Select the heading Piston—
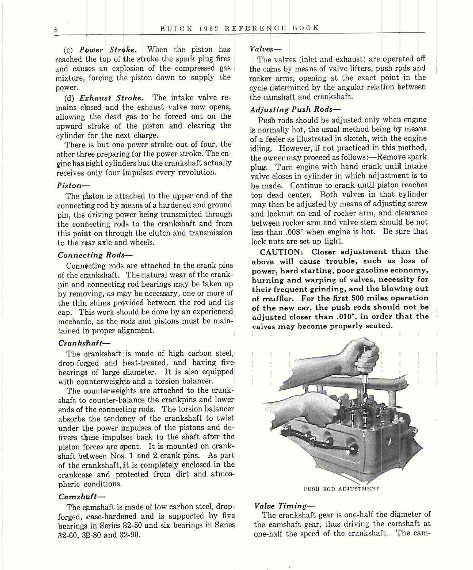point(71,185)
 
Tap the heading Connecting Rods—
point(90,255)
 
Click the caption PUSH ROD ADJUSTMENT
point(341,489)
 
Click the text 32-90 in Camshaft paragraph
point(130,535)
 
